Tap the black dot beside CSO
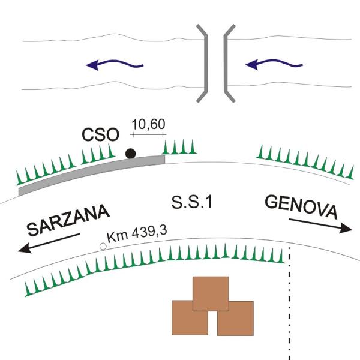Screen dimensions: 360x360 (x=130, y=154)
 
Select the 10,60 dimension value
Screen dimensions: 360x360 (x=148, y=124)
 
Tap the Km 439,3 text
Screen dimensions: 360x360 (x=136, y=235)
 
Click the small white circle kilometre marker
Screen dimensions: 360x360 (x=103, y=246)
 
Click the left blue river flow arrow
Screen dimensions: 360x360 (x=114, y=64)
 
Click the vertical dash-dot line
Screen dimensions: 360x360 (x=290, y=306)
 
